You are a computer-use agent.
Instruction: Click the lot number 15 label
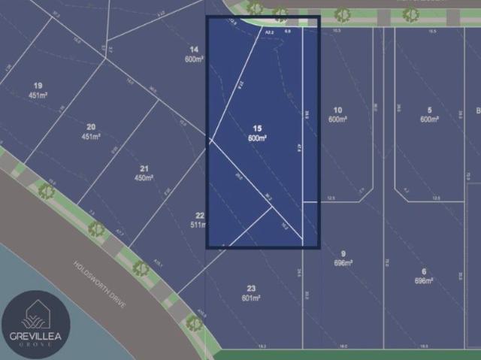click(257, 129)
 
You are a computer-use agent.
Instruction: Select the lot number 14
click(193, 50)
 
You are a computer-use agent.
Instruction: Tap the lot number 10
click(337, 110)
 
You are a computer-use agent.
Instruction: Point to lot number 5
click(428, 110)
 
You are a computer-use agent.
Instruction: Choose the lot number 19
click(38, 86)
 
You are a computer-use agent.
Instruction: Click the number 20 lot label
click(91, 127)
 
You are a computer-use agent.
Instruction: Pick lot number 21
click(144, 168)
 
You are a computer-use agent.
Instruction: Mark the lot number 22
click(199, 215)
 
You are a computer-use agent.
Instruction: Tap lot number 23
click(251, 289)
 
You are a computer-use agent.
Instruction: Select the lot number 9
click(343, 254)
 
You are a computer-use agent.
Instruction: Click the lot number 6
click(424, 271)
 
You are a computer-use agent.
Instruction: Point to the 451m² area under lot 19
click(38, 95)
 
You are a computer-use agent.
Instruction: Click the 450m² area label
click(144, 178)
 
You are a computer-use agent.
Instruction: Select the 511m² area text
click(198, 225)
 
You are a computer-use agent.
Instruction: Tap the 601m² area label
click(251, 298)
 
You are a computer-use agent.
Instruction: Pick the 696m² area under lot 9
click(343, 263)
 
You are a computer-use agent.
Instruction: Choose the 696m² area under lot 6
click(424, 280)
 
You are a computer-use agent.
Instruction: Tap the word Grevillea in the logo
click(35, 336)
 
